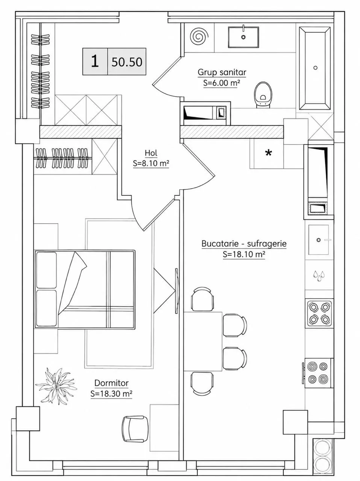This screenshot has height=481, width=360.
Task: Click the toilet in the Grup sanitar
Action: coord(263,95)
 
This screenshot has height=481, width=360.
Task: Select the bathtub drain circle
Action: coord(315,68)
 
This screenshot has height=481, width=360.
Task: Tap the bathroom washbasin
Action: coord(243,37)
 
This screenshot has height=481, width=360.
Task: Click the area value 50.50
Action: coord(127,62)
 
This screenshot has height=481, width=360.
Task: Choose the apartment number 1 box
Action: coord(95,62)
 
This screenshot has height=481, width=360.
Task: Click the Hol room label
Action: coord(151,153)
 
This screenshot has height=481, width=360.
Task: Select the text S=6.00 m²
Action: coord(221,83)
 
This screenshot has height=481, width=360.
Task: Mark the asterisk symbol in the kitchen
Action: coord(268,153)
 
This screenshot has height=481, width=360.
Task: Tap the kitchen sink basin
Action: coord(319,240)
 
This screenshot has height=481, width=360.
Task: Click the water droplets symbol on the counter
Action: coord(319,276)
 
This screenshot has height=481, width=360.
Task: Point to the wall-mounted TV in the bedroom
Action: coord(177,291)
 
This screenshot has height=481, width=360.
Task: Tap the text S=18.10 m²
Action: coord(244,254)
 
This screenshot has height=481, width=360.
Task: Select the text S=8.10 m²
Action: coord(151,163)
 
